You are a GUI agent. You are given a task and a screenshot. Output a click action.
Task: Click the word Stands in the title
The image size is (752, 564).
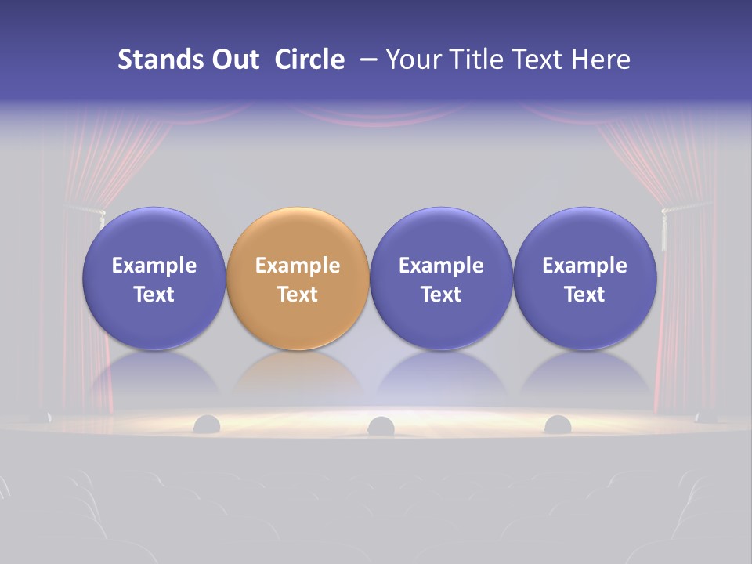[x=149, y=60]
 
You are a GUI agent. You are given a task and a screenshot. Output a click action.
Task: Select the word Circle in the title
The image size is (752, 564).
[x=309, y=60]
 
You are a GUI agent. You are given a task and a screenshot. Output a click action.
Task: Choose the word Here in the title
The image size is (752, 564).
[x=599, y=60]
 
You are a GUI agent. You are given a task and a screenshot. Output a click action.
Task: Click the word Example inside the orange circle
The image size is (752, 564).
[x=298, y=266]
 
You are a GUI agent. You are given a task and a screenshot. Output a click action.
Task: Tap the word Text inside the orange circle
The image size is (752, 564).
[x=298, y=295]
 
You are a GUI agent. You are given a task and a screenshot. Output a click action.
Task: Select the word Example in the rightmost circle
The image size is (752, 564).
[x=584, y=266]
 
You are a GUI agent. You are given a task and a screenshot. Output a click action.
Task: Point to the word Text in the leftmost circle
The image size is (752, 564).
[x=154, y=295]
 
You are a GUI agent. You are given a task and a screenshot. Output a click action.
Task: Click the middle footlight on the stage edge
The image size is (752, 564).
[x=381, y=425]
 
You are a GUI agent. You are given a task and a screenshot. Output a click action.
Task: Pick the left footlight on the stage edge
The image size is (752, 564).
[x=207, y=424]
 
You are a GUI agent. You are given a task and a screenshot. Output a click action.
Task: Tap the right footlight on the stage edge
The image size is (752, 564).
[x=557, y=424]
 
